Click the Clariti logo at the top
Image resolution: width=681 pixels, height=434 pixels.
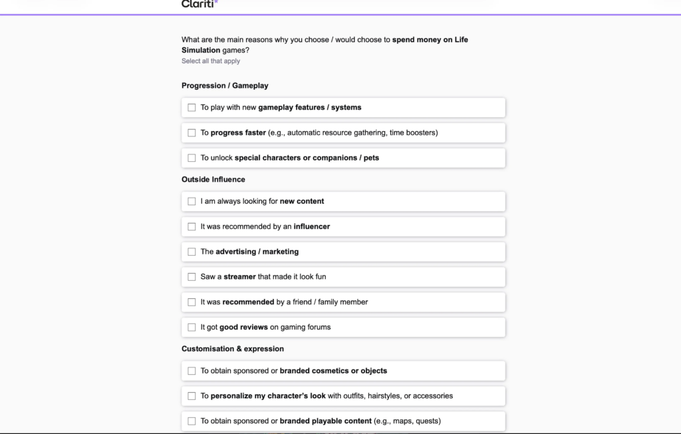199,4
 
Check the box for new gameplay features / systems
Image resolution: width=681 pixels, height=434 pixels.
192,107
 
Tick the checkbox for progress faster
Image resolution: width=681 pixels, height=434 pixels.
192,132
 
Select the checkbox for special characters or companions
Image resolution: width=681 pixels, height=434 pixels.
192,158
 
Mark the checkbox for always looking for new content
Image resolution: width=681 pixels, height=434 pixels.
192,201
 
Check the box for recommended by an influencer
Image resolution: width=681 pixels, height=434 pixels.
192,226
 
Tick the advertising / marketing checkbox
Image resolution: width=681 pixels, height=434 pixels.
192,252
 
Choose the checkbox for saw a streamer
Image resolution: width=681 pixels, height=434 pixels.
192,277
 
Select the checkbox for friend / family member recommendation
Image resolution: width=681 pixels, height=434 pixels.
192,302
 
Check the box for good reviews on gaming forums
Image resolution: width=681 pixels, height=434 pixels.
192,327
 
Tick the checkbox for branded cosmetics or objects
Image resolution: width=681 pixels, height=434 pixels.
192,371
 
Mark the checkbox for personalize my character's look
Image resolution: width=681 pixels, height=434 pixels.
192,396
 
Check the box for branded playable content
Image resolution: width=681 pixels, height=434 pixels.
192,421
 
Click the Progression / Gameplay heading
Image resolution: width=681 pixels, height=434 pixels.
225,86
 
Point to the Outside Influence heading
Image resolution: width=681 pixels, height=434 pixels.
213,180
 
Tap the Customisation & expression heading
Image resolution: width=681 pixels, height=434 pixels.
233,349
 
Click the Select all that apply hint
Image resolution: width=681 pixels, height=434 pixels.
211,61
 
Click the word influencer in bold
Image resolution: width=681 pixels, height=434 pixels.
312,226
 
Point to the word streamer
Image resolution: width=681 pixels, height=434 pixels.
239,277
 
